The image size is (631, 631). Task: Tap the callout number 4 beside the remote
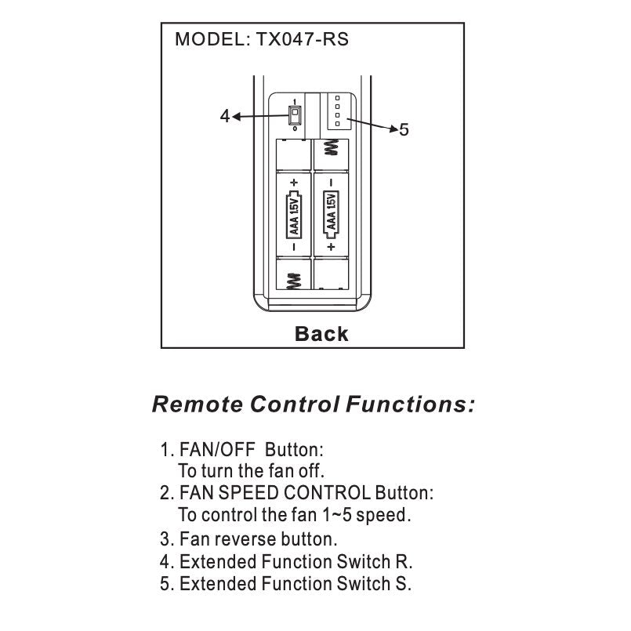point(225,116)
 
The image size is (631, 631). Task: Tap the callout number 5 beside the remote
point(404,129)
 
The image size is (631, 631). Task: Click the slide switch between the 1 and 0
point(294,117)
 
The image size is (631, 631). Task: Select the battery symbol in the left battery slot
point(294,214)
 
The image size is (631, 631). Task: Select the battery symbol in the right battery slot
point(331,214)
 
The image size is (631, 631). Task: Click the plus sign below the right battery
point(331,246)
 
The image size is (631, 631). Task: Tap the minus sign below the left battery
point(294,246)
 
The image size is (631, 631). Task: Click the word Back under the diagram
point(321,334)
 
